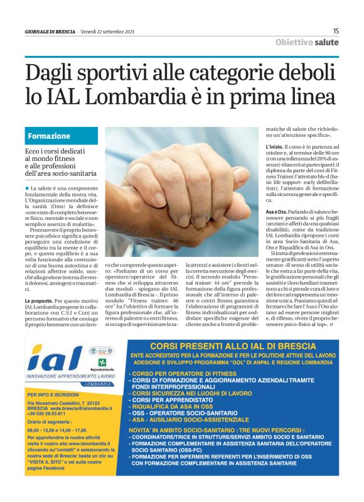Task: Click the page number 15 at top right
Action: tap(336, 31)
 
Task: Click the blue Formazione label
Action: tap(48, 136)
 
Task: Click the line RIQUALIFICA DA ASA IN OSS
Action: tap(176, 406)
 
